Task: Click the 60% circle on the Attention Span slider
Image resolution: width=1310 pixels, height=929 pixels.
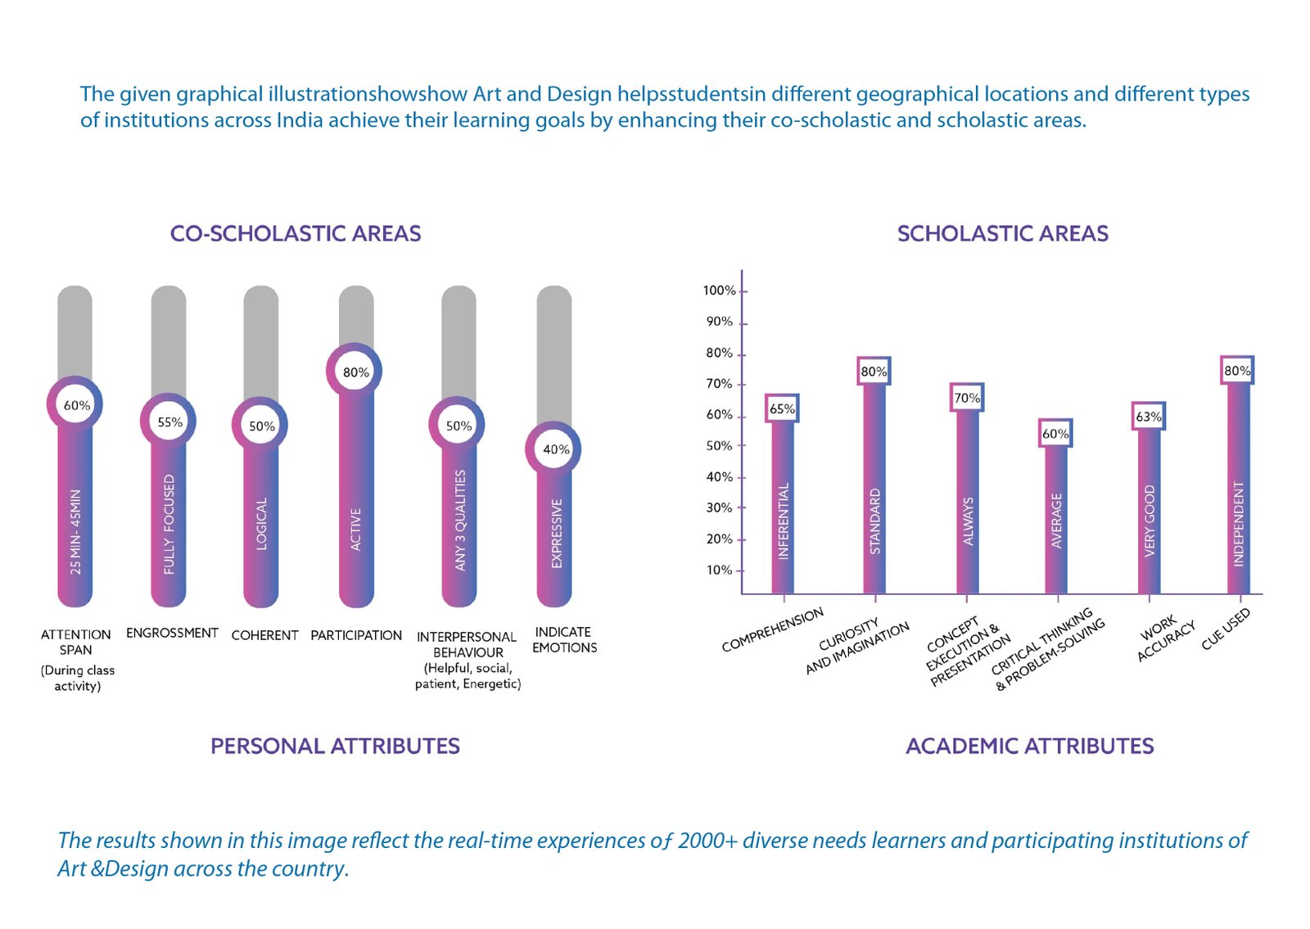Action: pos(76,405)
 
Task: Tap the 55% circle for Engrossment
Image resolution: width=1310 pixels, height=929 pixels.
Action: pos(169,422)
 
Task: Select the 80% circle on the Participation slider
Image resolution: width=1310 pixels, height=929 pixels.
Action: pos(355,372)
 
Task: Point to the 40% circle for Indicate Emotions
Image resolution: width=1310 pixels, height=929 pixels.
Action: pos(555,449)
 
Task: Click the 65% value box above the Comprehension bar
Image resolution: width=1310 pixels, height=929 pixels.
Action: pos(782,408)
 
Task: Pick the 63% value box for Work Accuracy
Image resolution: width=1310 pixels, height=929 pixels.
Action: pos(1148,417)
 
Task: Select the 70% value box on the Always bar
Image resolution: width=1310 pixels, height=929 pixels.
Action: pos(966,398)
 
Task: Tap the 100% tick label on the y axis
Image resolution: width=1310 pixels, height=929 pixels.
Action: pos(719,291)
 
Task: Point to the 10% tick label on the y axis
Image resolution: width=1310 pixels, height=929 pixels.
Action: pos(719,570)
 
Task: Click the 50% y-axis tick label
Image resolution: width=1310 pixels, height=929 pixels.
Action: pos(719,446)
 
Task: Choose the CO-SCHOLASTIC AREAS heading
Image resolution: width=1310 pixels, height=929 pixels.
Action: pos(296,234)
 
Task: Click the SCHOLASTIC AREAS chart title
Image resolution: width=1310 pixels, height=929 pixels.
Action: pos(1002,234)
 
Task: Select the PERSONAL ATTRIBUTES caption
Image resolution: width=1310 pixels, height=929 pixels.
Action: pos(335,746)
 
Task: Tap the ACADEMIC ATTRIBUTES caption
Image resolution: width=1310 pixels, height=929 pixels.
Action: pos(1029,746)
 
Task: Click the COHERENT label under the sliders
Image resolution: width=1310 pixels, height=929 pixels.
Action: pos(264,635)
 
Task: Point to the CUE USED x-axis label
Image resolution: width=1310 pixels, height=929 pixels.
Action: pos(1226,629)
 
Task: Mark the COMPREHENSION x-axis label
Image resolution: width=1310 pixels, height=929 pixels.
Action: pos(772,630)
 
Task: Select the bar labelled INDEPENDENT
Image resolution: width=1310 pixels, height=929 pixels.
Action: pos(1238,507)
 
